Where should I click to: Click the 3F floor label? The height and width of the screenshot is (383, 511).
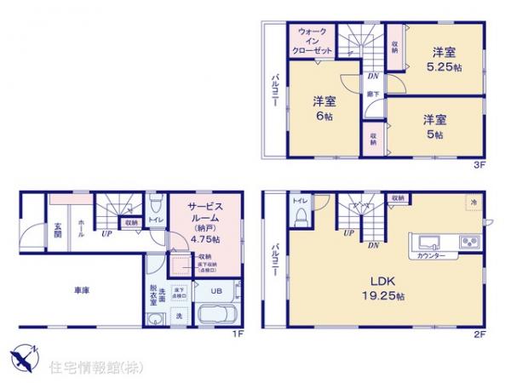(479, 168)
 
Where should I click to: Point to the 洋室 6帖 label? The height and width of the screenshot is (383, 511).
(324, 109)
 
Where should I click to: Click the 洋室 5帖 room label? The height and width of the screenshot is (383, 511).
(433, 127)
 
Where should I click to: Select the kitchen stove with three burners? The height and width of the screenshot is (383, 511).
(469, 242)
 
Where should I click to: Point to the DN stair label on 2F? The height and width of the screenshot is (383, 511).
(373, 246)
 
